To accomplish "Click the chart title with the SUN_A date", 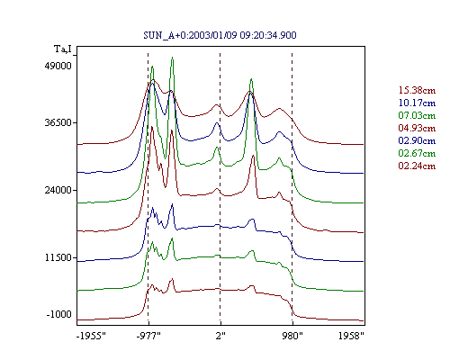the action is click(x=220, y=35).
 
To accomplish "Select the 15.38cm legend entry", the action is click(x=417, y=90).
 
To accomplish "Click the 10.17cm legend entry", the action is click(x=417, y=103).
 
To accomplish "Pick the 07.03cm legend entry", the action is click(x=417, y=115).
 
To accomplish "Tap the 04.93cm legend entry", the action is click(x=417, y=128).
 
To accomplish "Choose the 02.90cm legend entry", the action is click(x=417, y=140).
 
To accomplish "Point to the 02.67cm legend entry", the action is click(x=417, y=153).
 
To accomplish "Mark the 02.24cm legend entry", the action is click(x=417, y=166).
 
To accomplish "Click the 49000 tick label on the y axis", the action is click(x=58, y=66).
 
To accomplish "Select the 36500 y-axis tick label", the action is click(x=58, y=122).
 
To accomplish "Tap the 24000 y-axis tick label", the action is click(x=58, y=190).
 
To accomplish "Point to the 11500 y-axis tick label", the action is click(x=58, y=257).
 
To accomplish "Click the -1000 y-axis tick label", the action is click(x=59, y=314).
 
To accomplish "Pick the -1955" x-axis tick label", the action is click(x=92, y=336).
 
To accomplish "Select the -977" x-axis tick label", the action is click(x=148, y=336).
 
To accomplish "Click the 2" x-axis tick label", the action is click(x=220, y=336).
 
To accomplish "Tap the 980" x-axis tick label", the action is click(x=292, y=336).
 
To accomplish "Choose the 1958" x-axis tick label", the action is click(x=351, y=336).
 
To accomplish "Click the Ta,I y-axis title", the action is click(x=63, y=49).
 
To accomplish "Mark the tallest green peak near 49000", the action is click(x=172, y=58).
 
